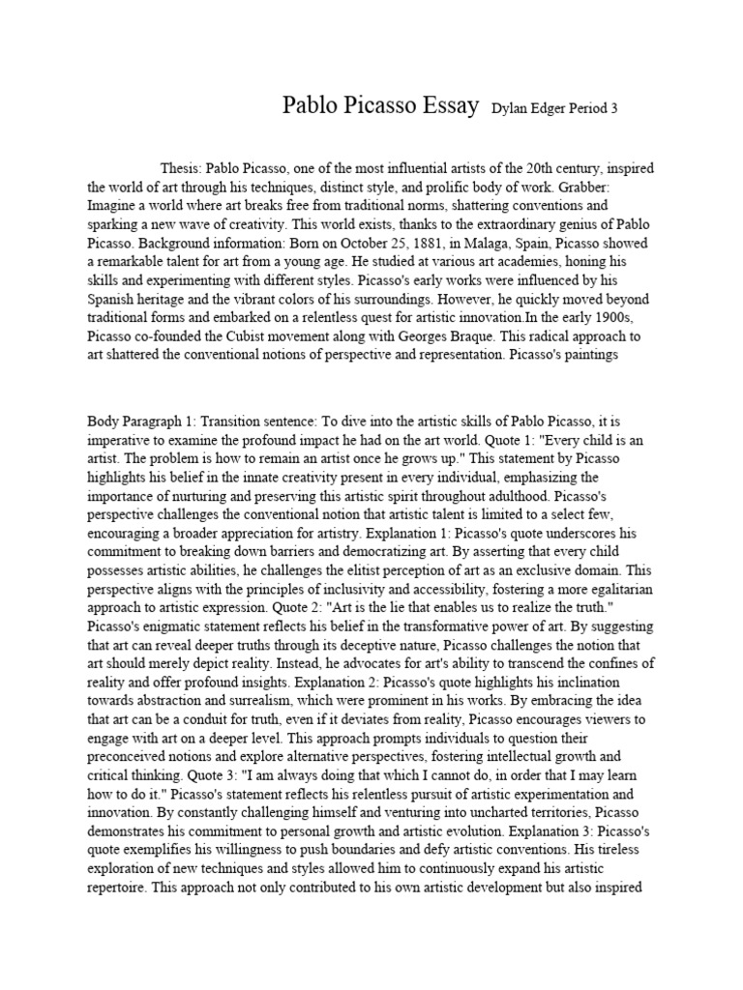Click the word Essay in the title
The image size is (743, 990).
tap(443, 106)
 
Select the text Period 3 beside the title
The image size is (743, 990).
tap(592, 109)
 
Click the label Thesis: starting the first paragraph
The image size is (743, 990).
tap(183, 168)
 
